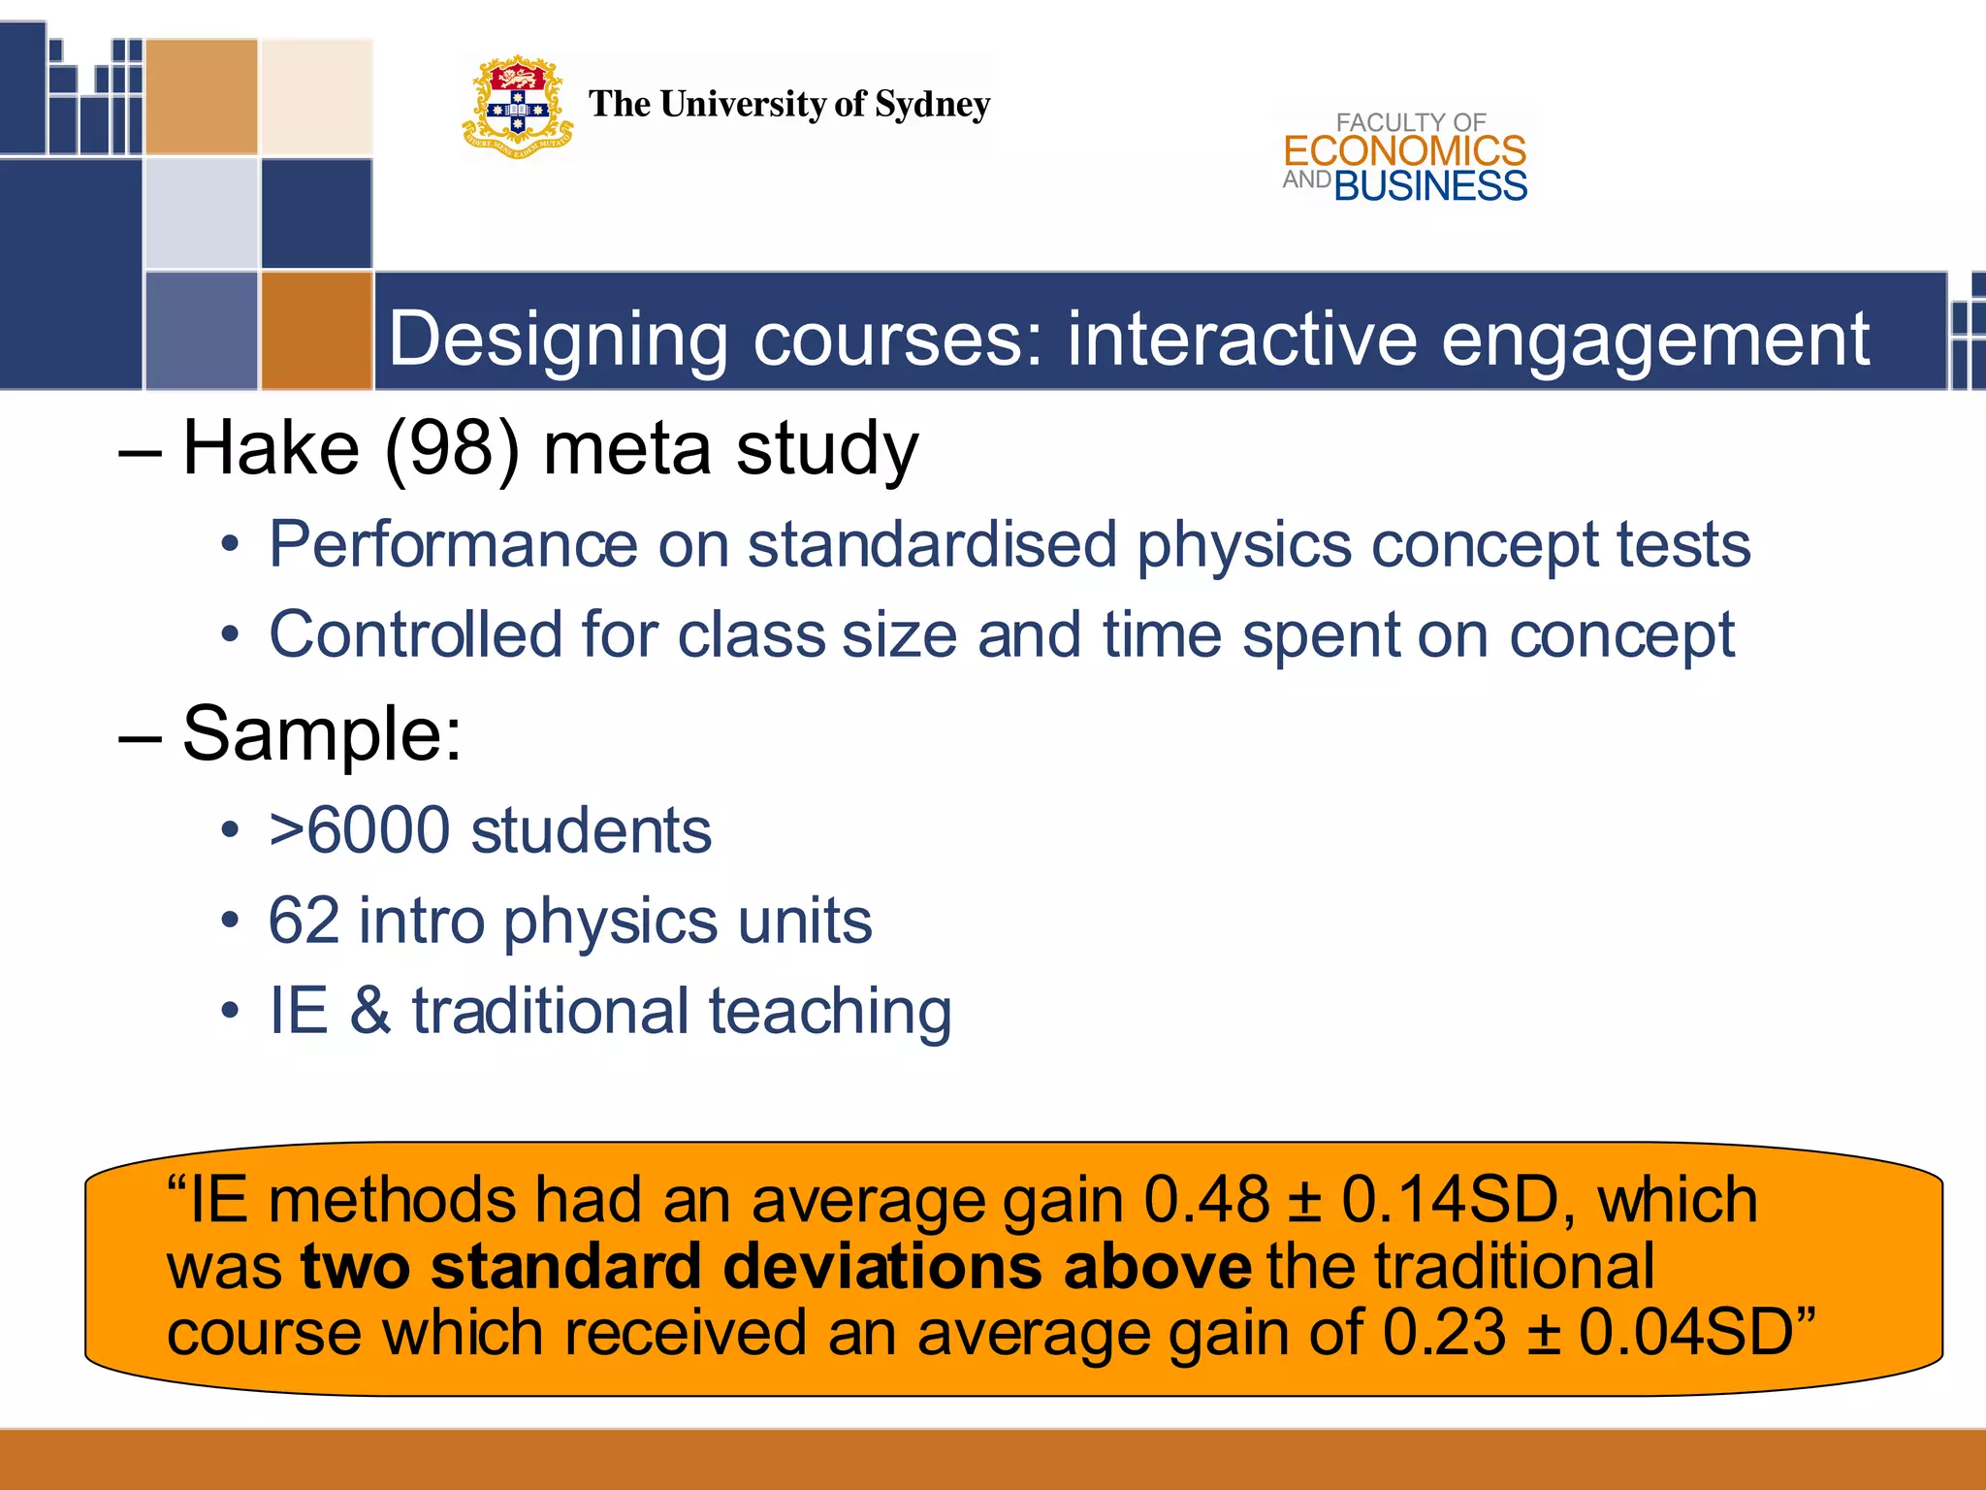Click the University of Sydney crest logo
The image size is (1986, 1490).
pos(518,107)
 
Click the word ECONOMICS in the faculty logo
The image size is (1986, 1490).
pos(1404,151)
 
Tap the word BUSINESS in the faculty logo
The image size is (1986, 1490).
pos(1430,186)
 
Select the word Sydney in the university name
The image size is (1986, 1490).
pos(932,105)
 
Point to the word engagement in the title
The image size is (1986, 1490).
pos(1654,340)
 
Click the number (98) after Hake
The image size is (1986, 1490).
pos(453,448)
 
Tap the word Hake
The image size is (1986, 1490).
pos(271,448)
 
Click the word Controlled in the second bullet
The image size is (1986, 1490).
pos(415,635)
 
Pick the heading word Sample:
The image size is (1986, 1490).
pos(322,733)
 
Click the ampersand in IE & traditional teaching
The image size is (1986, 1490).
pos(369,1011)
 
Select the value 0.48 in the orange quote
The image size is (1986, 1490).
pos(1206,1200)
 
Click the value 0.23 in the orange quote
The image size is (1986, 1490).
pos(1444,1332)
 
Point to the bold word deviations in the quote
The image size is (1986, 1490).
pos(885,1267)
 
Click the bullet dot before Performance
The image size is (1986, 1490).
pos(230,546)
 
